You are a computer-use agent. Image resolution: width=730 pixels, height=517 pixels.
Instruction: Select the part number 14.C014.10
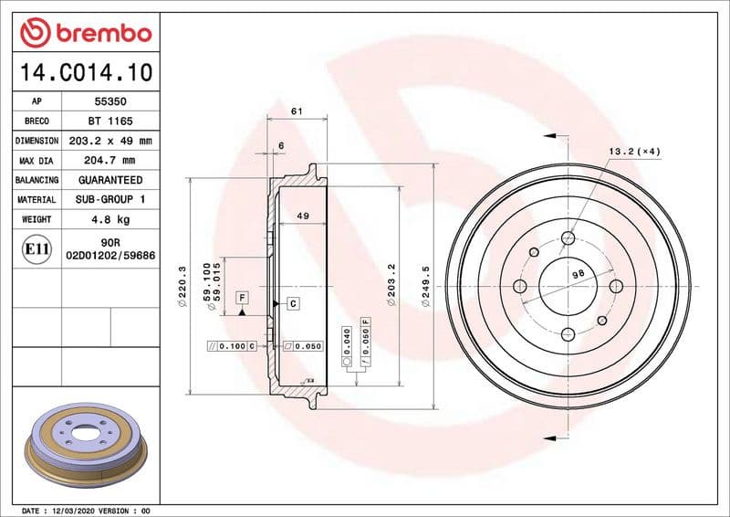point(83,71)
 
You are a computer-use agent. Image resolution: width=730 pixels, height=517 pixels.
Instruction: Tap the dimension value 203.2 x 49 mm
point(109,141)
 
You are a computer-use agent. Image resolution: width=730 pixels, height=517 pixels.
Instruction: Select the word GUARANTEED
point(109,180)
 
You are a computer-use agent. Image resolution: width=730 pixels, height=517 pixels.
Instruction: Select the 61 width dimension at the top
point(296,111)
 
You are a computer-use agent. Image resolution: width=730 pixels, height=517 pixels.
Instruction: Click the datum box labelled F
point(242,298)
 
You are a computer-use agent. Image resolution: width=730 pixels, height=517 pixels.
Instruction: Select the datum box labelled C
point(293,302)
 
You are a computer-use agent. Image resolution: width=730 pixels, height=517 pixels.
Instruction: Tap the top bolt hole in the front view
point(568,238)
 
